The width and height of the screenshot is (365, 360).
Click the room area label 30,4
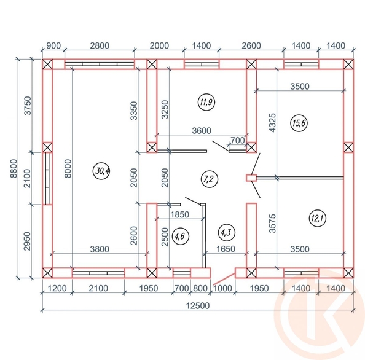tap(101, 171)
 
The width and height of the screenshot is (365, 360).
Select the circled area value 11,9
tap(206, 102)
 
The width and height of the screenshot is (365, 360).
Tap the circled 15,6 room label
tap(299, 123)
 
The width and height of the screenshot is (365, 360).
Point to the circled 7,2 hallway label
tap(210, 179)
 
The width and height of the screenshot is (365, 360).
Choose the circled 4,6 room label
tap(180, 236)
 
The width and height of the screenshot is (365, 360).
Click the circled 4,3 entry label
tap(227, 232)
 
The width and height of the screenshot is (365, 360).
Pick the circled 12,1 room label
tap(317, 218)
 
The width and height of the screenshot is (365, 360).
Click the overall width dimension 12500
tap(198, 305)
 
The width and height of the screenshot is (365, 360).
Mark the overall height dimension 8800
tap(14, 168)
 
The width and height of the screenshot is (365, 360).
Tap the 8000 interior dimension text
tap(68, 168)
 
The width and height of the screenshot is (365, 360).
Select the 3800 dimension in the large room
tap(100, 249)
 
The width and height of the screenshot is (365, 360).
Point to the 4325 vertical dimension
tap(272, 123)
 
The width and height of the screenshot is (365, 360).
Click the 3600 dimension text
tap(202, 131)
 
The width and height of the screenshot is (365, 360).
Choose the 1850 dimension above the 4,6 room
tap(179, 214)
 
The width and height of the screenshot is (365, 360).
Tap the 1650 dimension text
tap(226, 249)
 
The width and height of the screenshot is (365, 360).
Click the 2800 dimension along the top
tap(100, 45)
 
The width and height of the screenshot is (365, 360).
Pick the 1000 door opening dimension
tap(223, 288)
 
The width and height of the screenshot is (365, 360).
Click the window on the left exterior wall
tap(47, 179)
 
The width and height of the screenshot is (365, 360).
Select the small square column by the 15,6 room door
tap(251, 178)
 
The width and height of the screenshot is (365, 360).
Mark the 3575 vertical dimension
tap(272, 224)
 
